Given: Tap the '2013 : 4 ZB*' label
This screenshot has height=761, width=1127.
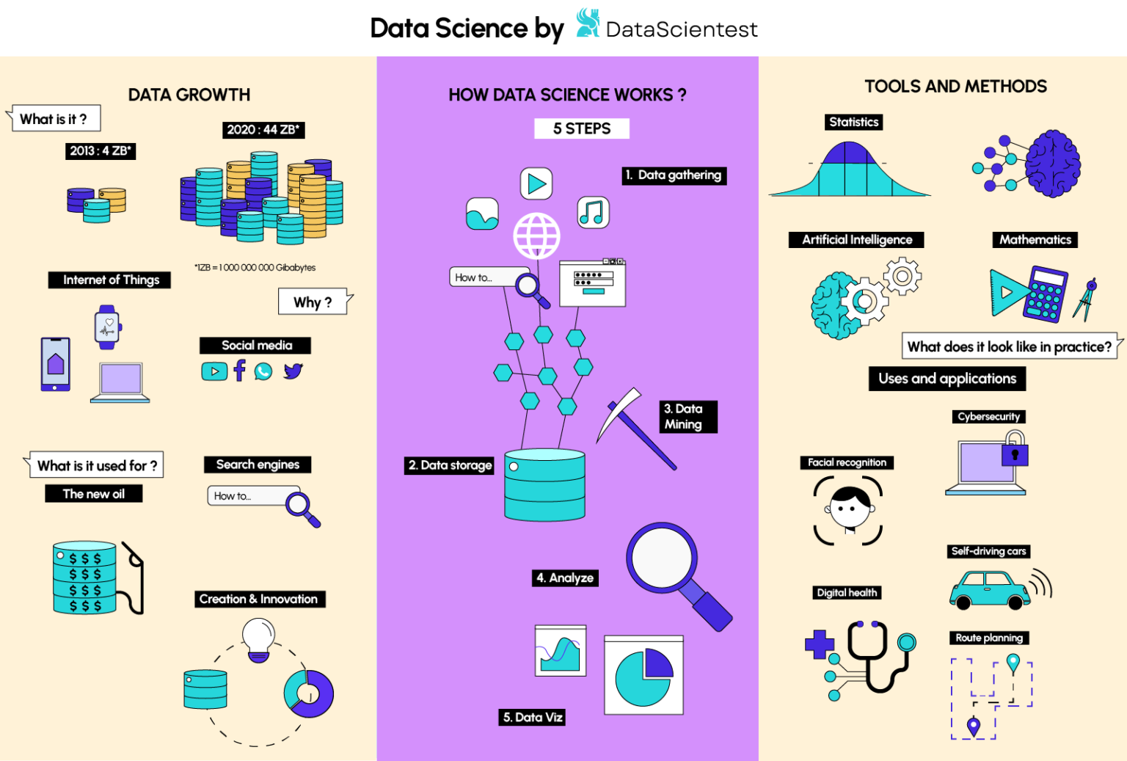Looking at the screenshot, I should click(x=101, y=151).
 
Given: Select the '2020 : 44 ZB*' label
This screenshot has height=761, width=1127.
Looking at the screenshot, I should click(x=263, y=130).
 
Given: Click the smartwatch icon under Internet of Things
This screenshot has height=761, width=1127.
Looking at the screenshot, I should click(x=108, y=327).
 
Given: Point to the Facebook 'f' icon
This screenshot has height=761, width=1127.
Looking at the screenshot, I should click(x=239, y=371).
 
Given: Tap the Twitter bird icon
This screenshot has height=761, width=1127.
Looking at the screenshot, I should click(x=293, y=371).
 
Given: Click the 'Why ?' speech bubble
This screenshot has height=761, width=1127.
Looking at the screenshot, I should click(x=313, y=302).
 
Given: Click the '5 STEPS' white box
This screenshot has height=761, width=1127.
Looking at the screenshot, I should click(x=581, y=128).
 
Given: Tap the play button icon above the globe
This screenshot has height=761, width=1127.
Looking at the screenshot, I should click(x=536, y=183).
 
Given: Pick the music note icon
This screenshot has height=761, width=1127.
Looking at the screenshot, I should click(x=593, y=212).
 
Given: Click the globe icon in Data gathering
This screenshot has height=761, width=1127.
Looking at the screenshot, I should click(x=536, y=236).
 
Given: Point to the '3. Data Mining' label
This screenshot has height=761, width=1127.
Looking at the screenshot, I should click(x=687, y=417).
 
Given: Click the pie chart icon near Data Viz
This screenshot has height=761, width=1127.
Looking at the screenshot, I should click(x=643, y=675).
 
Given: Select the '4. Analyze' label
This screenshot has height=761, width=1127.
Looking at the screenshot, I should click(x=565, y=578).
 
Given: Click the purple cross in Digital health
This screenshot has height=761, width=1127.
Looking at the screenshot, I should click(x=820, y=645).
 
